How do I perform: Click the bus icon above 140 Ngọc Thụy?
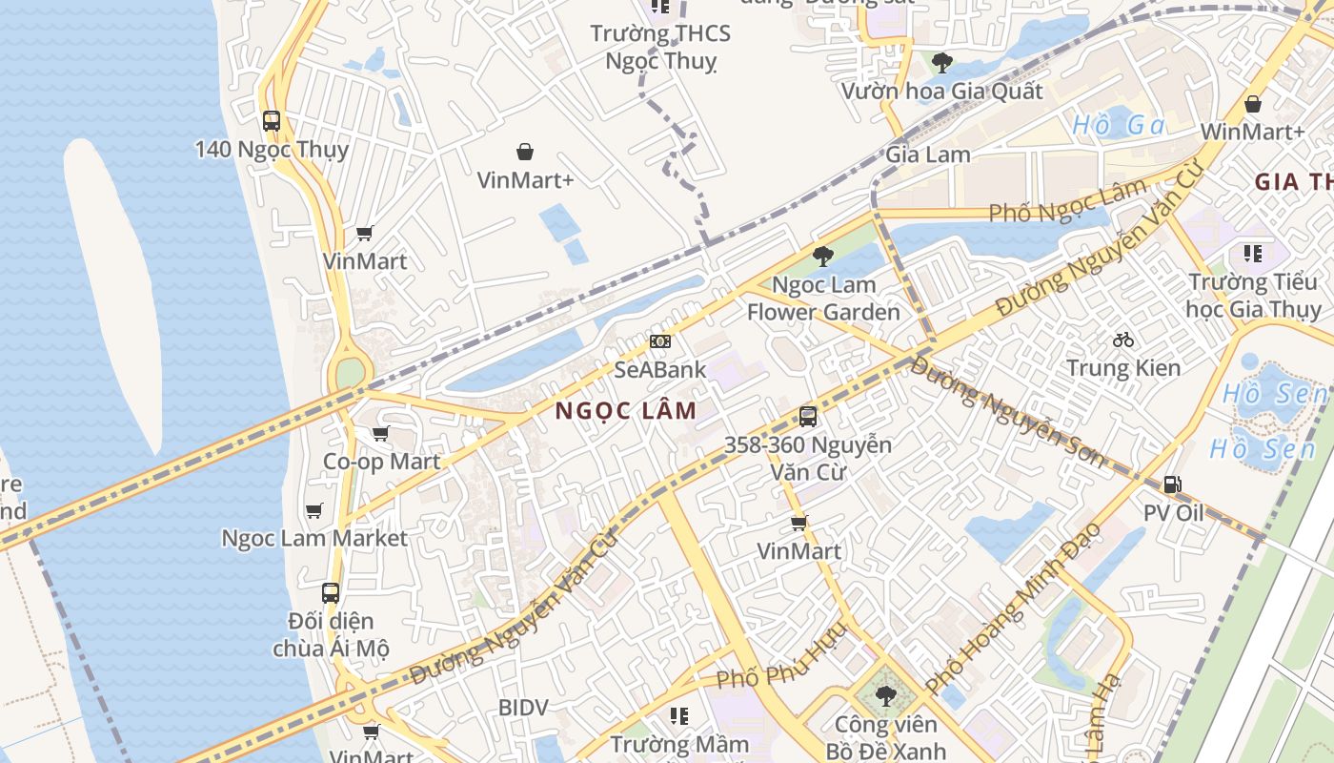272,121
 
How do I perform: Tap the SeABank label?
659,369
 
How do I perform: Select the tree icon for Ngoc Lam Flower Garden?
822,256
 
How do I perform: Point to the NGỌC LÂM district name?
625,411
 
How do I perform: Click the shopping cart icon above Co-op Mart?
381,434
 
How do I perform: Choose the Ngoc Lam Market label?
314,538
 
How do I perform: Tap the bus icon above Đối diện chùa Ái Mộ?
331,592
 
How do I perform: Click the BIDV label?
523,707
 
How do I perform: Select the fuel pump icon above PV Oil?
1173,485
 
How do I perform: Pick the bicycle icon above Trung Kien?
1123,339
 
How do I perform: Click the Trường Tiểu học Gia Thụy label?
1253,296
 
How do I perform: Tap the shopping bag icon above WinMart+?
1253,103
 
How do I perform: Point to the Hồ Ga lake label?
1119,125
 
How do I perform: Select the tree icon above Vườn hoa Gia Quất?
941,63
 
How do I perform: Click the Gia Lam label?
928,154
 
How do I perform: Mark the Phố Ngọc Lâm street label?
1066,201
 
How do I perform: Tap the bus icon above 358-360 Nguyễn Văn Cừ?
808,416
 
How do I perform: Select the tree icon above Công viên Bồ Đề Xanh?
885,695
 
